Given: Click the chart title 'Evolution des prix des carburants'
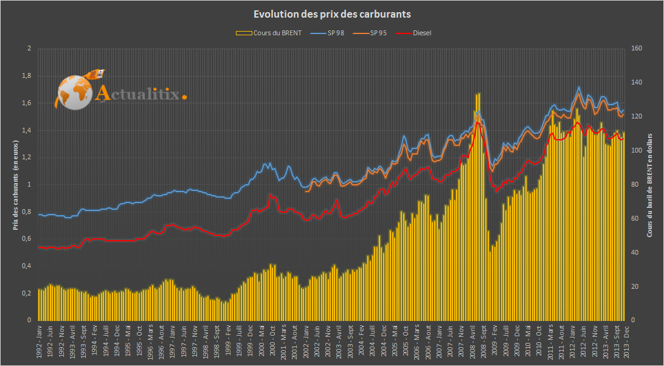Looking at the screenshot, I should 332,14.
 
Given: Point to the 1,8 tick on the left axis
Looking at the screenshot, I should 26,76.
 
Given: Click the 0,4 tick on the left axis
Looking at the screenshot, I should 26,266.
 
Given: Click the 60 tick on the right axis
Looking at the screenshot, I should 636,219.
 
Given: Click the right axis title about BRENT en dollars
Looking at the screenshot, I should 649,185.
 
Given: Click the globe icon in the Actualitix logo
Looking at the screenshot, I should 74,93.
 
